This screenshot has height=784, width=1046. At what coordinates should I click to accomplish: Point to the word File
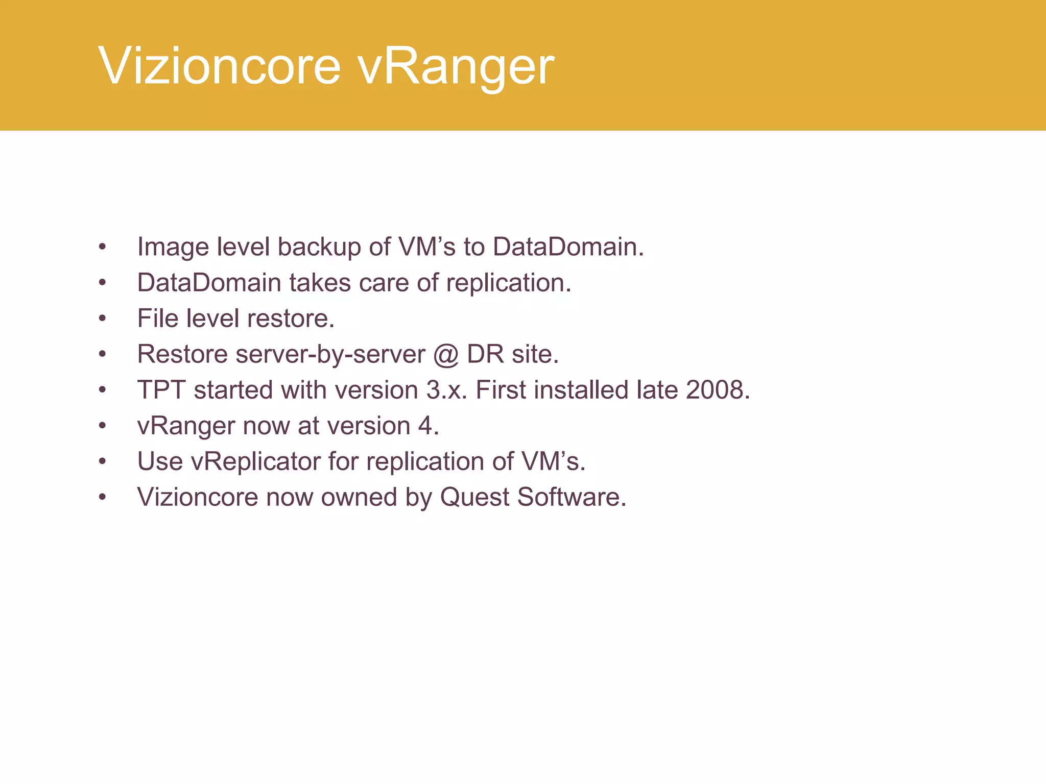coord(157,318)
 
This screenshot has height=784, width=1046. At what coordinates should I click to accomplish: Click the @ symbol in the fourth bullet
coord(445,355)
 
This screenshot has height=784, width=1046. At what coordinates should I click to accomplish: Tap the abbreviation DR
coord(485,354)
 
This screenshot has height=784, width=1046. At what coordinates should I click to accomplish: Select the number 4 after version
coord(425,426)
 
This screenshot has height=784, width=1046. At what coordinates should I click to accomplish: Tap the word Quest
coord(474,498)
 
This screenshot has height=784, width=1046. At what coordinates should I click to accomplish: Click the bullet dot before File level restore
coord(103,319)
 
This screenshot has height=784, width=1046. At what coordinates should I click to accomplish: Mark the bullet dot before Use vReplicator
coord(103,462)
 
